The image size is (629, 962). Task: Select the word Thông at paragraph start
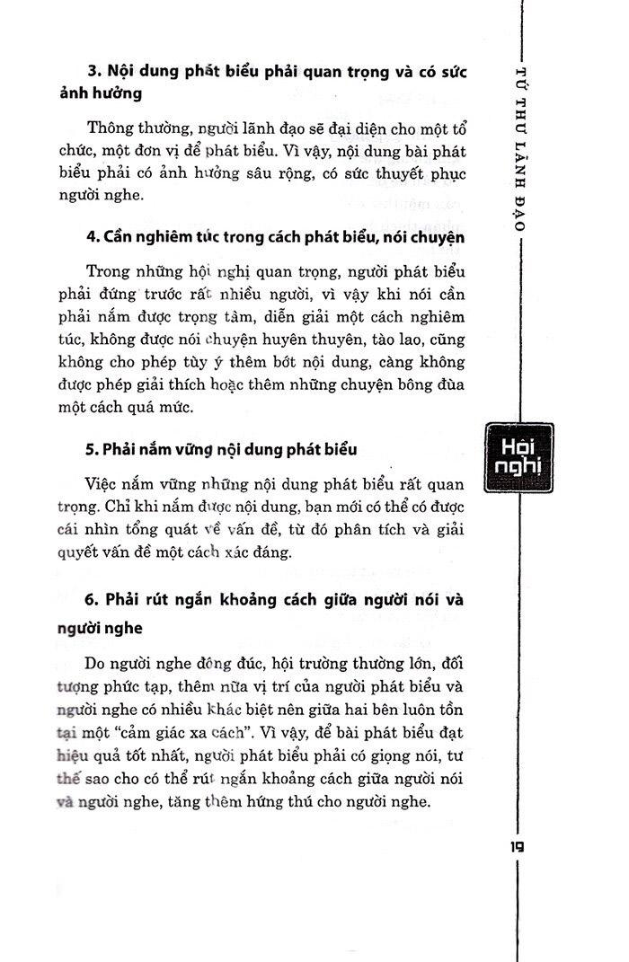[111, 128]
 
